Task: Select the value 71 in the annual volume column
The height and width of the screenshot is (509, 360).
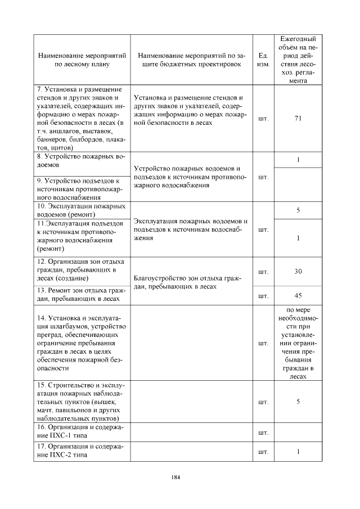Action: click(298, 118)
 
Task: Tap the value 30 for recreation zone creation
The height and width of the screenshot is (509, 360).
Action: click(298, 272)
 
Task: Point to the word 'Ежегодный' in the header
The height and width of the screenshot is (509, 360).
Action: click(298, 39)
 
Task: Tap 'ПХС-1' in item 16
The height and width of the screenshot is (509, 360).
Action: click(62, 436)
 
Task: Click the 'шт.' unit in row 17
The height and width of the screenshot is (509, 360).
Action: click(263, 452)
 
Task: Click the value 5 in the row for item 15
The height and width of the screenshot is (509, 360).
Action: click(298, 402)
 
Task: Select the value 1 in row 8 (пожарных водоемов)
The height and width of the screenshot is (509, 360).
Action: click(298, 160)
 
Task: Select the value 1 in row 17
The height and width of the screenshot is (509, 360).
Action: click(298, 452)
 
